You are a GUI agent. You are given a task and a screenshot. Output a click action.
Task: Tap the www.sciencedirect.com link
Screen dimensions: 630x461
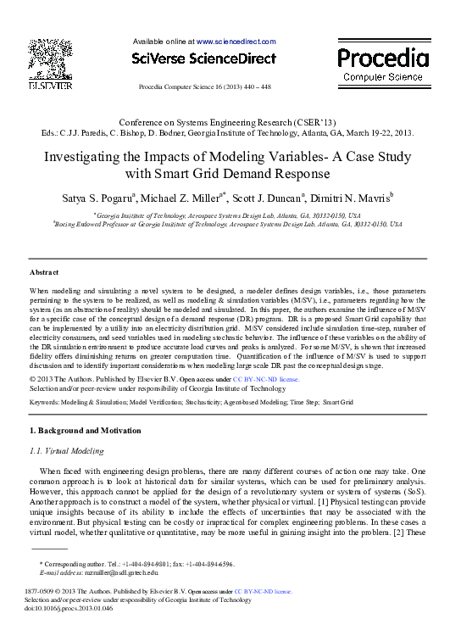tap(236, 41)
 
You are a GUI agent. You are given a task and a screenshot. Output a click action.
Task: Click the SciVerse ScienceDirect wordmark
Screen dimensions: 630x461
tap(203, 59)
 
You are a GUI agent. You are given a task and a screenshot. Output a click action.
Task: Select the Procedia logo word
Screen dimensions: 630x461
tap(382, 58)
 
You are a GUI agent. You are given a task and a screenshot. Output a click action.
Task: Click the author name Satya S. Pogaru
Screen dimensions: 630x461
tap(97, 198)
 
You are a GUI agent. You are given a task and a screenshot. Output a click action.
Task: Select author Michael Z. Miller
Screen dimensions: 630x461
tap(180, 198)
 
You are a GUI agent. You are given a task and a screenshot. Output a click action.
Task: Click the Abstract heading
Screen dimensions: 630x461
tap(44, 272)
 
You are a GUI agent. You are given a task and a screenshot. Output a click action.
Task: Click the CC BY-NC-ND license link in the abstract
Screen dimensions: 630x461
tap(266, 379)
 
